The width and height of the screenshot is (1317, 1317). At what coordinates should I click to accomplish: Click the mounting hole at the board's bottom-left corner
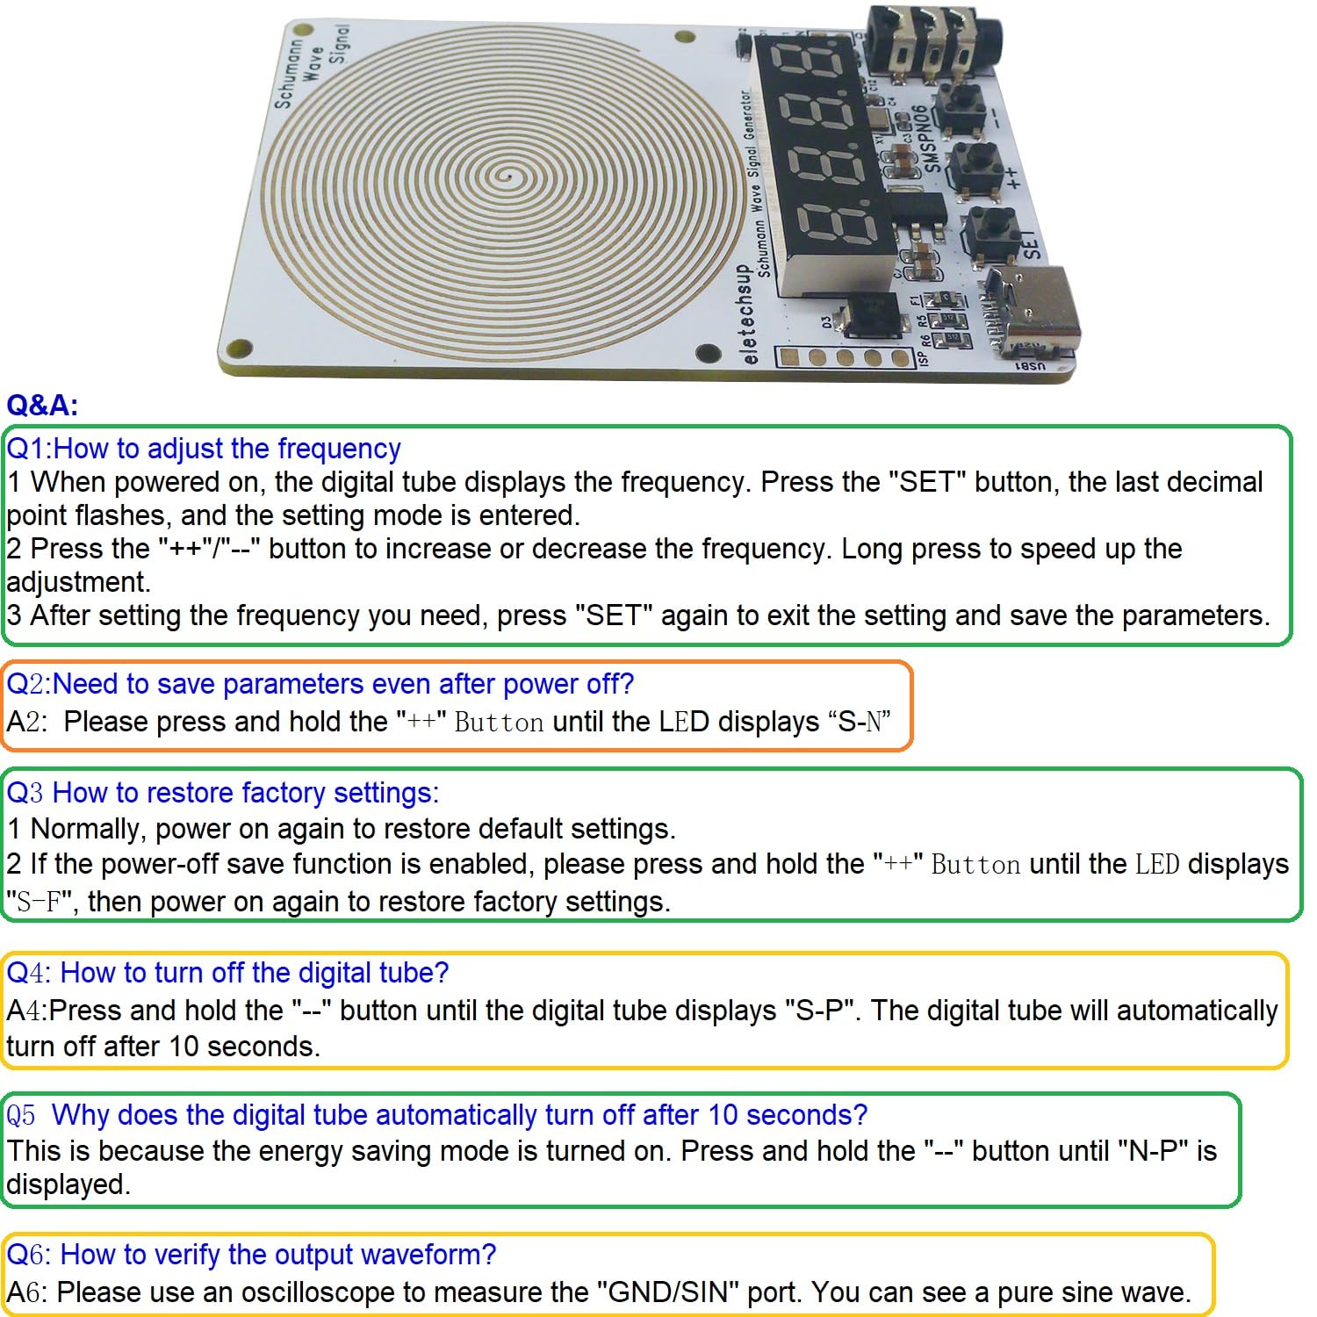point(234,349)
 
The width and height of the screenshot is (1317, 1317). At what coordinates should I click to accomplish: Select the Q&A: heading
point(42,406)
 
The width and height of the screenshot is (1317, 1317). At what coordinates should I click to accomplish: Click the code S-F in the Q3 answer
point(38,902)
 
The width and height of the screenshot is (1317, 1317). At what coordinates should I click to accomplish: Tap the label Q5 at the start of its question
point(21,1116)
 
